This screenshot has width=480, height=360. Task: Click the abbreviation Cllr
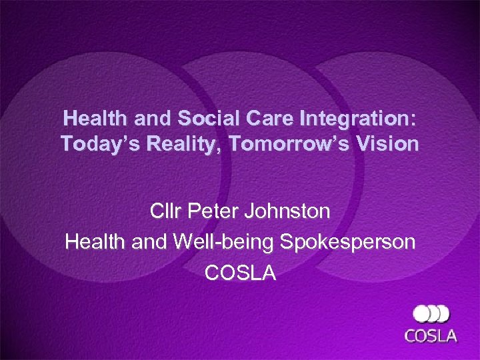pos(167,212)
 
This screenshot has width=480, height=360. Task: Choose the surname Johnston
pos(289,212)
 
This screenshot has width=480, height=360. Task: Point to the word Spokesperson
pos(350,242)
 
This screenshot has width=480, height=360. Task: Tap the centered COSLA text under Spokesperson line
pos(240,273)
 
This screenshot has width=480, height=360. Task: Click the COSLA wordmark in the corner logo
pos(431,335)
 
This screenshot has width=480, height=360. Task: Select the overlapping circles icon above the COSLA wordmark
pos(431,313)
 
